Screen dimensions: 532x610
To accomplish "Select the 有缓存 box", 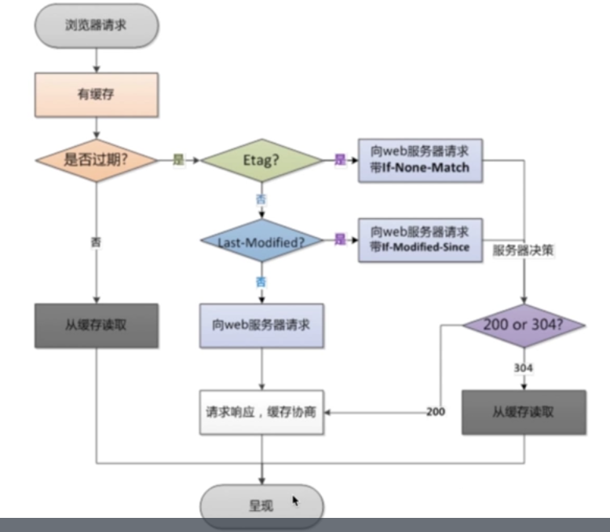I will click(x=96, y=94).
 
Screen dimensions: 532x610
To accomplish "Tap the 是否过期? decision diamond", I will click(x=96, y=159).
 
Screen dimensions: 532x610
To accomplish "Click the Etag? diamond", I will click(x=261, y=159).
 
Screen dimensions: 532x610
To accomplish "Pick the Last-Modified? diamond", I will click(x=261, y=240).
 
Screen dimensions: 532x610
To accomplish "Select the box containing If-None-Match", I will click(x=419, y=160).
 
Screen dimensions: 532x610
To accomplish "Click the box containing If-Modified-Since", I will click(x=419, y=239).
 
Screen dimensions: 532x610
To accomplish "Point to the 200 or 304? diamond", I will click(x=524, y=325).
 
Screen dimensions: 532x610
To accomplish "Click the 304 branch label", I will click(x=524, y=367).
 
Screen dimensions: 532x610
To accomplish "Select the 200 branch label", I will click(x=436, y=411).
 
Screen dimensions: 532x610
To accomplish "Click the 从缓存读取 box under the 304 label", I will click(x=524, y=411).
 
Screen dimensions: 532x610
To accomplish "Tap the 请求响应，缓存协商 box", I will click(x=261, y=410).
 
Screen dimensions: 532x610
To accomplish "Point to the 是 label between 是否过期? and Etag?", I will click(x=178, y=159).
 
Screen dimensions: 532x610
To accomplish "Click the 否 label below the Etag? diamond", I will click(x=261, y=199).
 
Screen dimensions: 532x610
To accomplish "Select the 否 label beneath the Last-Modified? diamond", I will click(x=261, y=279).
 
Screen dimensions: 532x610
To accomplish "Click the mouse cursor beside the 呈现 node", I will click(x=296, y=501).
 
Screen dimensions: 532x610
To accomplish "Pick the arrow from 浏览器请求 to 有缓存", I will click(x=96, y=59).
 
